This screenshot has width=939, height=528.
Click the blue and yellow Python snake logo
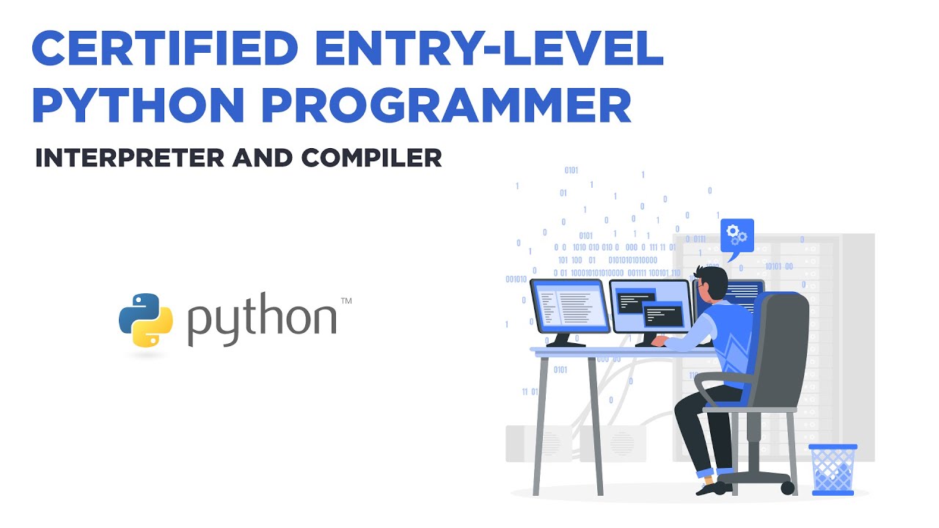(146, 320)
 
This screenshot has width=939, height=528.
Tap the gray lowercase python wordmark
(261, 321)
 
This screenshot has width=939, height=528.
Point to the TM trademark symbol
(346, 301)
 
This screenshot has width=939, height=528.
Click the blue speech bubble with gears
(737, 236)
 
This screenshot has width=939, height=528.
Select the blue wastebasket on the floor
(833, 469)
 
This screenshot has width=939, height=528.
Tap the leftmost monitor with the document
(570, 307)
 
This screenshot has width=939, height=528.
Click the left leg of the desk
(540, 425)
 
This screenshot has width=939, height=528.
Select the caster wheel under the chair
(787, 488)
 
